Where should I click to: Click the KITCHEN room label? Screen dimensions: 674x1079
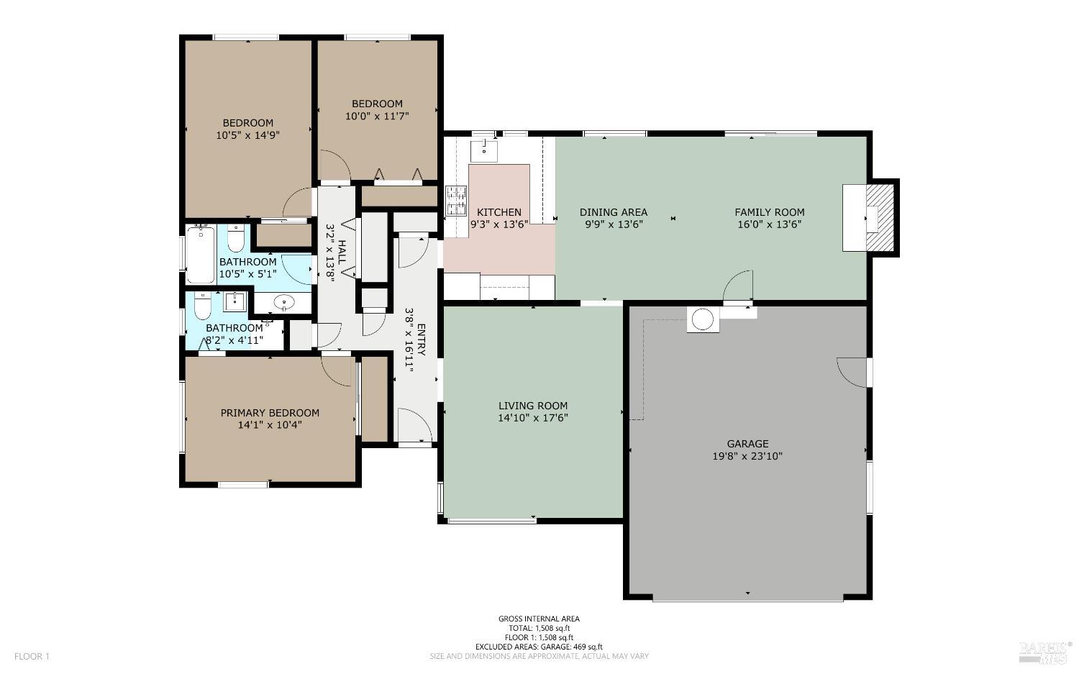499,212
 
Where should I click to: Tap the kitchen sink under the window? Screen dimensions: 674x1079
484,151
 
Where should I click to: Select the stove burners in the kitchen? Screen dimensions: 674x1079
456,201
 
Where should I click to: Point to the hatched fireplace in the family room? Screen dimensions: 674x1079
879,218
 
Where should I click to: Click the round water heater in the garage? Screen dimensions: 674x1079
703,319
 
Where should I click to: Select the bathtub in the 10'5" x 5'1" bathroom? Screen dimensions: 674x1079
201,255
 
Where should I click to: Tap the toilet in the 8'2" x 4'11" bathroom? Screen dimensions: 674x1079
202,308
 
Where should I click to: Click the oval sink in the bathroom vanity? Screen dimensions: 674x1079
284,303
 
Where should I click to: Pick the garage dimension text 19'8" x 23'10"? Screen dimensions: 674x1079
747,456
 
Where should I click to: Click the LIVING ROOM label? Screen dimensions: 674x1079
533,406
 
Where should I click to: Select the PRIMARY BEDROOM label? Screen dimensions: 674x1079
270,413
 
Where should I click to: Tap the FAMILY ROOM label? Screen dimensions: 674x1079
769,212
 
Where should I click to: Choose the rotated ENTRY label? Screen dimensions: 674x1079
422,340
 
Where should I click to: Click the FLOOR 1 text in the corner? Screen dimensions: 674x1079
32,656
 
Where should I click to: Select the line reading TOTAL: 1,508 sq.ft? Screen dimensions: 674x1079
539,628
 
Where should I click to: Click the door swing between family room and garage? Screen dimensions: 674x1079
739,286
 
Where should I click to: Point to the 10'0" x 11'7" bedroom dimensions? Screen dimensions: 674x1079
377,115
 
